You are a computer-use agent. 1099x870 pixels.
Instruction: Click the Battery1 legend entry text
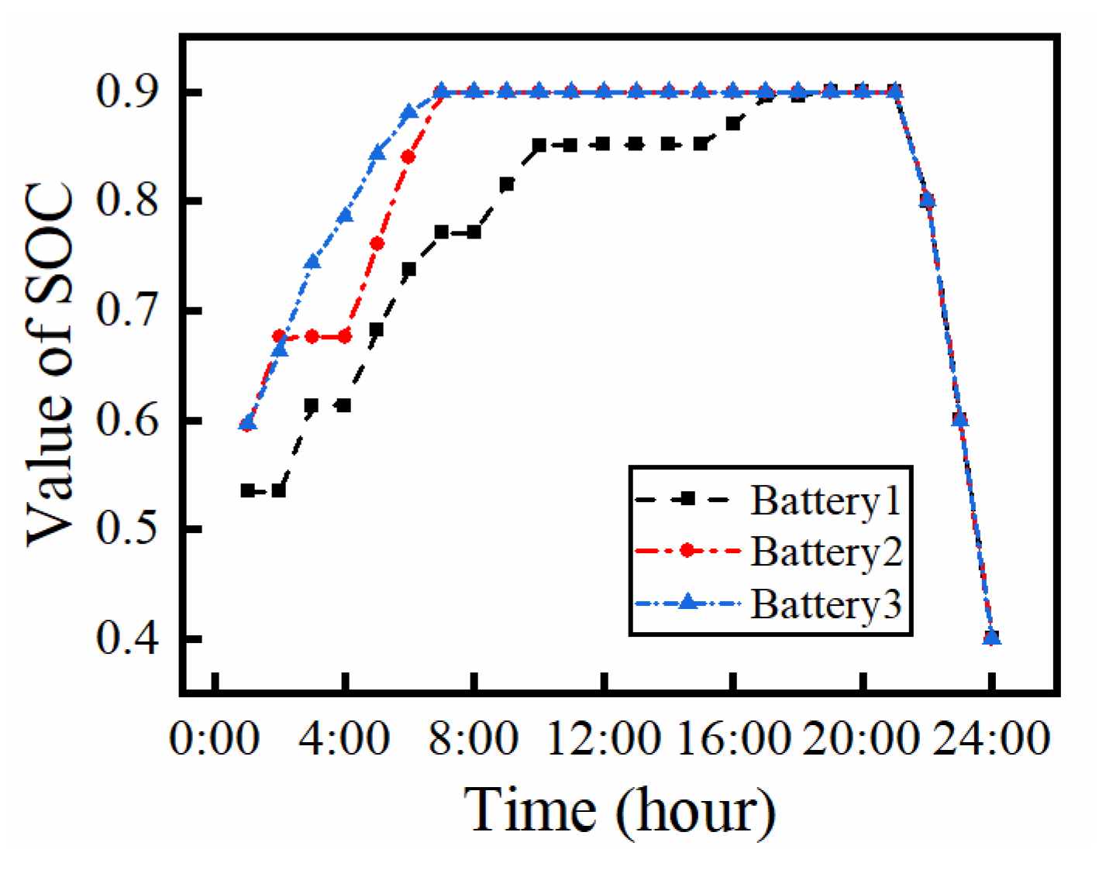point(825,500)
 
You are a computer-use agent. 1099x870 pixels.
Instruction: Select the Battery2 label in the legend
point(826,552)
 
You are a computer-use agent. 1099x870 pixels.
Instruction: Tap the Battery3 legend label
point(826,603)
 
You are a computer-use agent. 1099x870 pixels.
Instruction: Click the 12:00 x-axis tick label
point(604,738)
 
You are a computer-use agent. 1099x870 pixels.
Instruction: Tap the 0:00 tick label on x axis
point(214,738)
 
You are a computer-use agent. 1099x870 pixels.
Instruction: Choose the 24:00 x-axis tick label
point(991,738)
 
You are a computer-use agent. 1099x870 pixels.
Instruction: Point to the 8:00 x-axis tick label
point(474,738)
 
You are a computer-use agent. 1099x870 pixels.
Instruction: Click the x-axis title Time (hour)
point(619,810)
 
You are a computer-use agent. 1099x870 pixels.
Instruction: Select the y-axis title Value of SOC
point(50,364)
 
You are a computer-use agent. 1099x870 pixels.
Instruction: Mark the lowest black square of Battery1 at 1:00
point(247,490)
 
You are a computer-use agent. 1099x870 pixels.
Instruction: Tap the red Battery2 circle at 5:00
point(377,244)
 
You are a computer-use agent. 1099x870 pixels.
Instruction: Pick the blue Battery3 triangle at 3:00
point(312,262)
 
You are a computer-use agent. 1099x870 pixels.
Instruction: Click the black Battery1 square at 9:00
point(506,184)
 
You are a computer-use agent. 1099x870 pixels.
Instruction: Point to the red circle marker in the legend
point(686,551)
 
